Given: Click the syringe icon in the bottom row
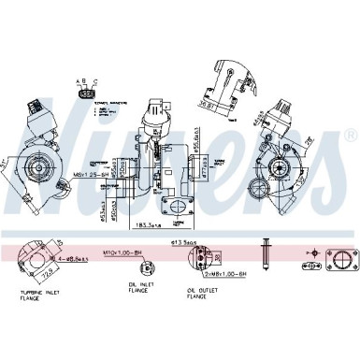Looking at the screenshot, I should [269, 258].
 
